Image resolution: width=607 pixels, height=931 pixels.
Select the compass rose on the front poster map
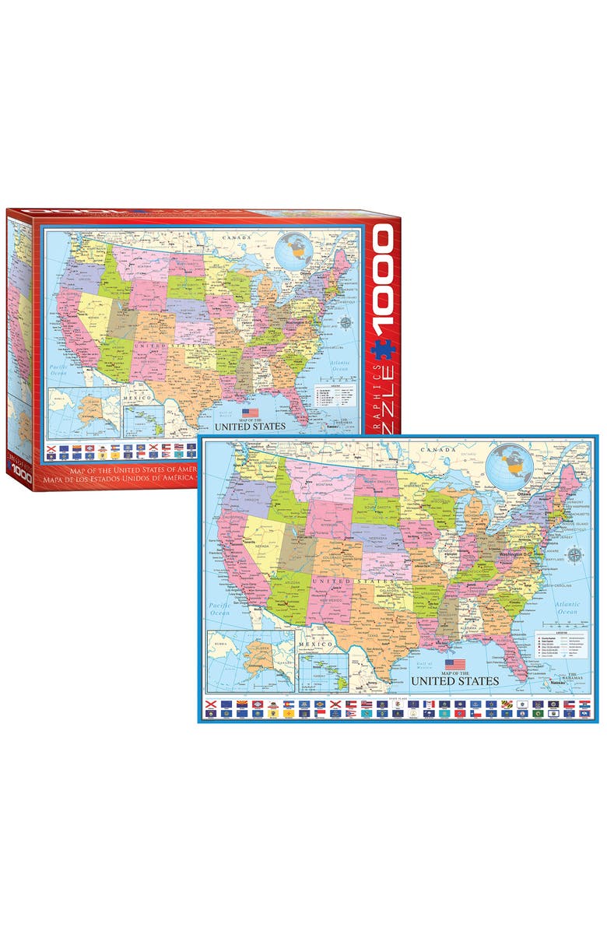point(574,555)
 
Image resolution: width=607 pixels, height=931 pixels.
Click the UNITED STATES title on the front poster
point(454,681)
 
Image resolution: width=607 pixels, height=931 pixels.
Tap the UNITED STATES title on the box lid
point(250,426)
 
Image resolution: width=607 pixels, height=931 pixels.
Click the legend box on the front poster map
point(559,645)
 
